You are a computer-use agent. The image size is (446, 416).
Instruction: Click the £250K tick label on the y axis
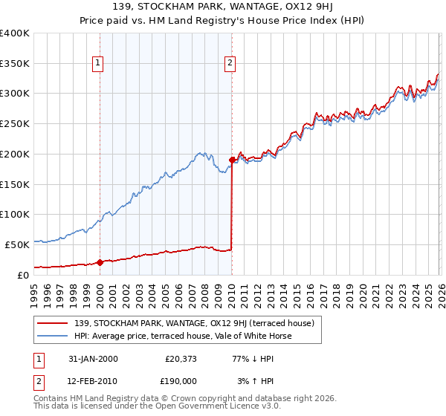(14, 123)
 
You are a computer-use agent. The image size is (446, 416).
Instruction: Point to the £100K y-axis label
(14, 214)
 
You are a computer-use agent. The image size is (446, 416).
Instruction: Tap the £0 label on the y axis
(23, 275)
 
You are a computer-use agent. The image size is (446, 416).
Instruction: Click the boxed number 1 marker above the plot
(99, 64)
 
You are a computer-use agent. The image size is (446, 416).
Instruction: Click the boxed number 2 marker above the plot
(231, 64)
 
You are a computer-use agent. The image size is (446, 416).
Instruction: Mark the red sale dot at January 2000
(100, 262)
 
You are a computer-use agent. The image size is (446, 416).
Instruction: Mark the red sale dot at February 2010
(232, 160)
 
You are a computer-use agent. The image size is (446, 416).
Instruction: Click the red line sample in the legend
(54, 323)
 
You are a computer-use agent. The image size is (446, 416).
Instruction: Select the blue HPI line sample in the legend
(54, 336)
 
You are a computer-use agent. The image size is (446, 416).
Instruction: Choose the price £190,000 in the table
(181, 381)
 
